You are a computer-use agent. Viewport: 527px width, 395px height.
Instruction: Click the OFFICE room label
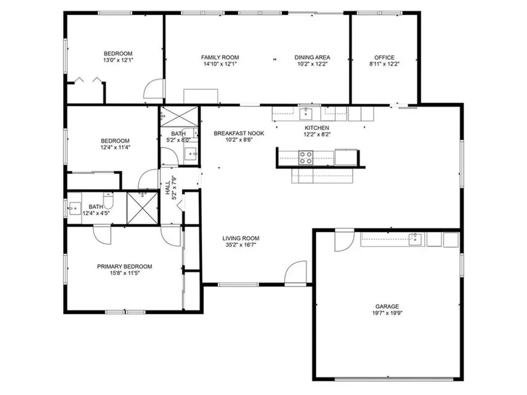click(x=384, y=57)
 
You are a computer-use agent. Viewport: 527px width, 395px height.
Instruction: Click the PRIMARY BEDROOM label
click(x=124, y=266)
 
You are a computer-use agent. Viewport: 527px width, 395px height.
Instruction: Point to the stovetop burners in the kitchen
click(x=306, y=158)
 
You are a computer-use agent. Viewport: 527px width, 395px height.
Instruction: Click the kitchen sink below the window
click(x=306, y=114)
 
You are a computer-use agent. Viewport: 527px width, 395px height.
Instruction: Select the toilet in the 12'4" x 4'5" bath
click(x=108, y=201)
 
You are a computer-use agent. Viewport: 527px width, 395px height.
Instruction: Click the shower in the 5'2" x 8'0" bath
click(x=179, y=116)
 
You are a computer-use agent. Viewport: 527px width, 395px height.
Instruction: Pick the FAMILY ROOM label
click(x=220, y=57)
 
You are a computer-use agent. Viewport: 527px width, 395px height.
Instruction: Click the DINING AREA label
click(x=312, y=57)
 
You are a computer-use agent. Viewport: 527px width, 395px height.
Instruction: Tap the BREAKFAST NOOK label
click(x=239, y=133)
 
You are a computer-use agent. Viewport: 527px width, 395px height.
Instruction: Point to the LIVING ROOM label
click(x=241, y=239)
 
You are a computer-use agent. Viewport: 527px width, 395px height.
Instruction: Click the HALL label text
click(x=168, y=188)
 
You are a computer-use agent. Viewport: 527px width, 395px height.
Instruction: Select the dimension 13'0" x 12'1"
click(x=118, y=61)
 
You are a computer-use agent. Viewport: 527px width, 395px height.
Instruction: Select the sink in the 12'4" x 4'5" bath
click(x=75, y=208)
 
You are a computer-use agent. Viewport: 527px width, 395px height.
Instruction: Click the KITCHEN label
click(x=317, y=128)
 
